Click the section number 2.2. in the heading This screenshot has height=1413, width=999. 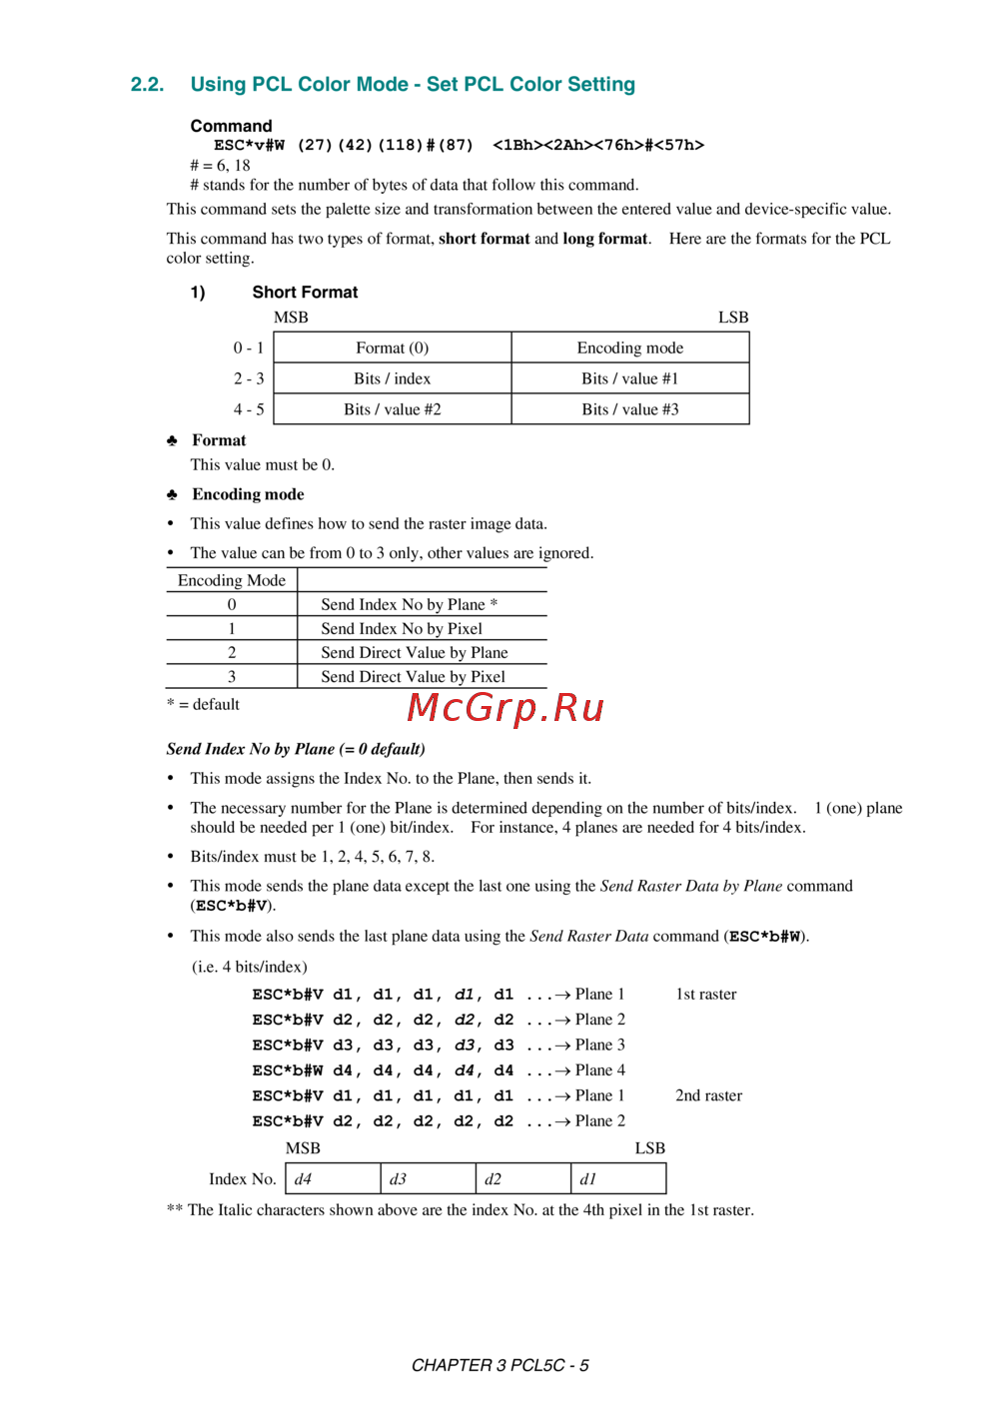tap(147, 85)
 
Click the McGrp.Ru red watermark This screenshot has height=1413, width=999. tap(505, 708)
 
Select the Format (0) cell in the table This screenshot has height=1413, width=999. tap(393, 348)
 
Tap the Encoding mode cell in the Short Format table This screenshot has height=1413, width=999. tap(630, 348)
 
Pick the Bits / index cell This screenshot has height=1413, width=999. tap(393, 378)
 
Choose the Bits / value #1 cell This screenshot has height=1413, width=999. tap(630, 378)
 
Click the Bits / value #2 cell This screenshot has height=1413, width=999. tap(393, 409)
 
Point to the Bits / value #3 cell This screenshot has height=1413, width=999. tap(630, 409)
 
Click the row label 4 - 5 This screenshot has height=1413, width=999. tap(249, 409)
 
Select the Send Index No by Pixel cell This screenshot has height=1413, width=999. tap(402, 628)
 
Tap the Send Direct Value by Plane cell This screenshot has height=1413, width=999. tap(415, 652)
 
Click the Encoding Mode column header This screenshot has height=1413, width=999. tap(232, 580)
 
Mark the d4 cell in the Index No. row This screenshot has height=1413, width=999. tap(333, 1178)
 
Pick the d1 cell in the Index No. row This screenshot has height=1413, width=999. tap(618, 1178)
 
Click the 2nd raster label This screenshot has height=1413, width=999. tap(708, 1095)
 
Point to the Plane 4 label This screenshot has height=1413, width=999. tap(599, 1070)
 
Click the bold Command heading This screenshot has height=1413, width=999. tap(231, 126)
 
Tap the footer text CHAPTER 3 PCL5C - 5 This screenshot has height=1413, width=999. tap(499, 1365)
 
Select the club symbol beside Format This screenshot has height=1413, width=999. tap(172, 440)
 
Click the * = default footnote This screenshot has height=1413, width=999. tap(203, 704)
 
